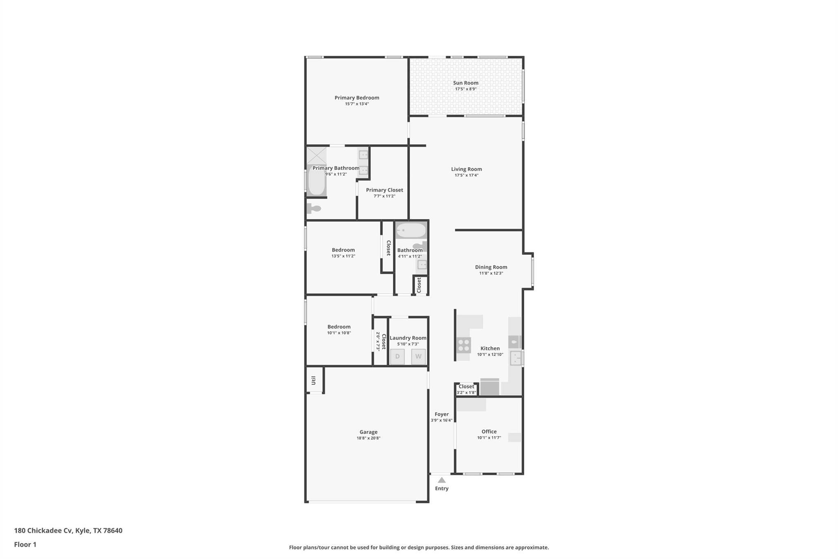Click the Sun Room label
pyautogui.click(x=466, y=83)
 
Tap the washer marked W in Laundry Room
pyautogui.click(x=418, y=356)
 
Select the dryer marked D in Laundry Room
pyautogui.click(x=397, y=356)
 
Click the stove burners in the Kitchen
pyautogui.click(x=464, y=345)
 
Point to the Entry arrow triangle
pyautogui.click(x=442, y=480)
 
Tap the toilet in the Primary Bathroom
pyautogui.click(x=313, y=208)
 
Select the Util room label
pyautogui.click(x=313, y=380)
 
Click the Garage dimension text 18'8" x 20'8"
pyautogui.click(x=368, y=438)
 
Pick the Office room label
pyautogui.click(x=489, y=431)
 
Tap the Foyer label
pyautogui.click(x=442, y=414)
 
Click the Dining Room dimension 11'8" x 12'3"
pyautogui.click(x=491, y=273)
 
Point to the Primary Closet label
pyautogui.click(x=384, y=190)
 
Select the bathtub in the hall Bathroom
pyautogui.click(x=411, y=230)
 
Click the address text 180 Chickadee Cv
pyautogui.click(x=44, y=530)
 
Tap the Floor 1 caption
pyautogui.click(x=25, y=544)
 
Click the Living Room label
pyautogui.click(x=466, y=169)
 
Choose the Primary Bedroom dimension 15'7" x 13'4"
pyautogui.click(x=357, y=104)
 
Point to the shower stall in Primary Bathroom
pyautogui.click(x=317, y=156)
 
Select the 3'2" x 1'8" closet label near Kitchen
pyautogui.click(x=466, y=393)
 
